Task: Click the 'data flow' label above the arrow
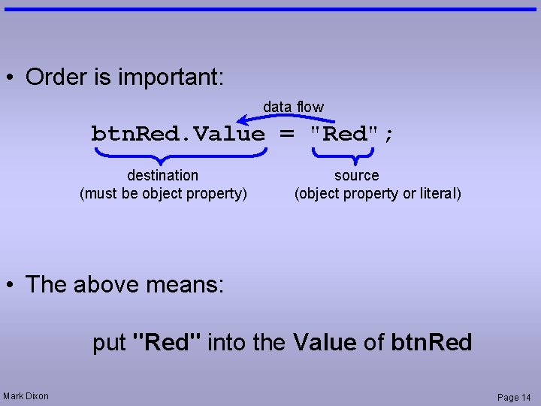293,107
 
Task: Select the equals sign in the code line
287,135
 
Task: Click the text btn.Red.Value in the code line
178,135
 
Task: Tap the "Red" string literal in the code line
346,135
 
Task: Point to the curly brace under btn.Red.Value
180,153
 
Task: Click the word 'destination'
163,175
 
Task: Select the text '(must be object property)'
163,193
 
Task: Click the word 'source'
356,175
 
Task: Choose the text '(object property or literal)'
378,193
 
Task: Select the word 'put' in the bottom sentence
109,343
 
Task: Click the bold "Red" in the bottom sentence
166,343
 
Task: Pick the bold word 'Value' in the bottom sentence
325,343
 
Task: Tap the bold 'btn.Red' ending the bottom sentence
431,343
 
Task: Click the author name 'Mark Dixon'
26,396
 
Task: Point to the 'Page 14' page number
514,397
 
